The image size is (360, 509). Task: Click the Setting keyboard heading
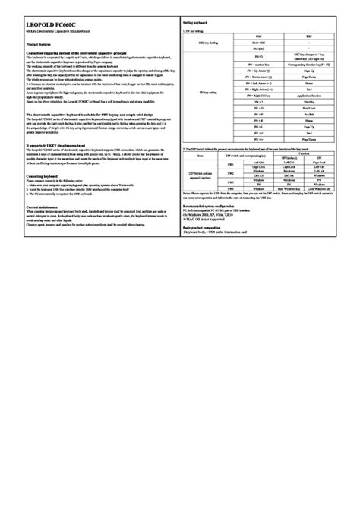tap(195, 24)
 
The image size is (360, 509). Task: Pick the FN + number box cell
tap(258, 66)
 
